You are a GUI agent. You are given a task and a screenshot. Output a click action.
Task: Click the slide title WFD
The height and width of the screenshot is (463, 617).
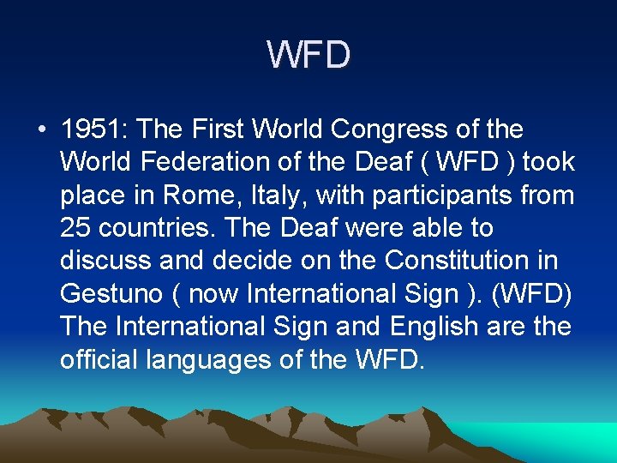pyautogui.click(x=308, y=55)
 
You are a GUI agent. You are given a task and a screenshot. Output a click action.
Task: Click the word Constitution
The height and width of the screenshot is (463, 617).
pyautogui.click(x=468, y=261)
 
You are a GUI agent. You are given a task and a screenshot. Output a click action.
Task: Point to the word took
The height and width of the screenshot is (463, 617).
pyautogui.click(x=547, y=163)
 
